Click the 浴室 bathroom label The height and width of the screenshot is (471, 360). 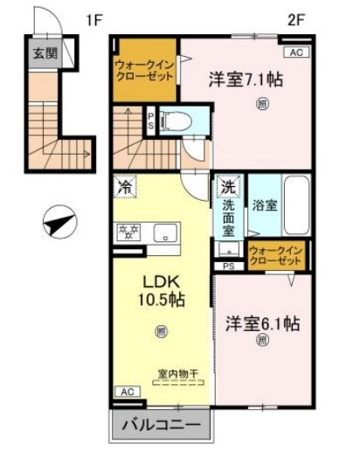pyautogui.click(x=265, y=208)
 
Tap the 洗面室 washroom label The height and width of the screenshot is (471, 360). pyautogui.click(x=228, y=219)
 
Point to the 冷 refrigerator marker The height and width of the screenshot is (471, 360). pyautogui.click(x=126, y=186)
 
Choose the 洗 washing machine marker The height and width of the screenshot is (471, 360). pyautogui.click(x=227, y=186)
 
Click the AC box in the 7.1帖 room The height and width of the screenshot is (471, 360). pyautogui.click(x=294, y=53)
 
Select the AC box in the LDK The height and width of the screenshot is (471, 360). pyautogui.click(x=127, y=391)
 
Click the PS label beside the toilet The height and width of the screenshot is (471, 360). pyautogui.click(x=150, y=121)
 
